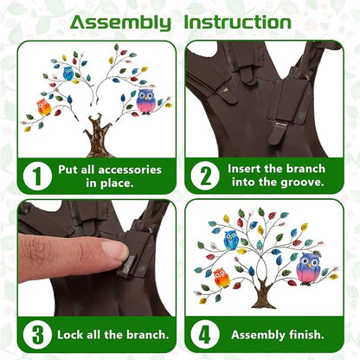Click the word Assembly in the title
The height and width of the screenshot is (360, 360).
pyautogui.click(x=120, y=23)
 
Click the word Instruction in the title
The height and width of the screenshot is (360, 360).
pyautogui.click(x=237, y=22)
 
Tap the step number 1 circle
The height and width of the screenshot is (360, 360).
pyautogui.click(x=37, y=176)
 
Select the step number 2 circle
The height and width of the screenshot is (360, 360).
pyautogui.click(x=205, y=176)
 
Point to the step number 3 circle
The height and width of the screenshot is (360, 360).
pyautogui.click(x=37, y=335)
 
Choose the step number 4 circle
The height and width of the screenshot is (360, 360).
pyautogui.click(x=205, y=335)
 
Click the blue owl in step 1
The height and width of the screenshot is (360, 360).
pyautogui.click(x=68, y=74)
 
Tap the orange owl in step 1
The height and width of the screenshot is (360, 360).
pyautogui.click(x=44, y=107)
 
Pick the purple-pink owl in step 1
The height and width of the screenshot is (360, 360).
pyautogui.click(x=146, y=101)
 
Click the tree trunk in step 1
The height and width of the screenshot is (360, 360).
pyautogui.click(x=98, y=136)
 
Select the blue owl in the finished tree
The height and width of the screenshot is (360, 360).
pyautogui.click(x=231, y=240)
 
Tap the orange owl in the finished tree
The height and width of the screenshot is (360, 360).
pyautogui.click(x=222, y=278)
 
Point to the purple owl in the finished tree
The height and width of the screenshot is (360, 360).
pyautogui.click(x=308, y=269)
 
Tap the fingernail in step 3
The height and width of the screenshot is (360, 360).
pyautogui.click(x=116, y=250)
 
